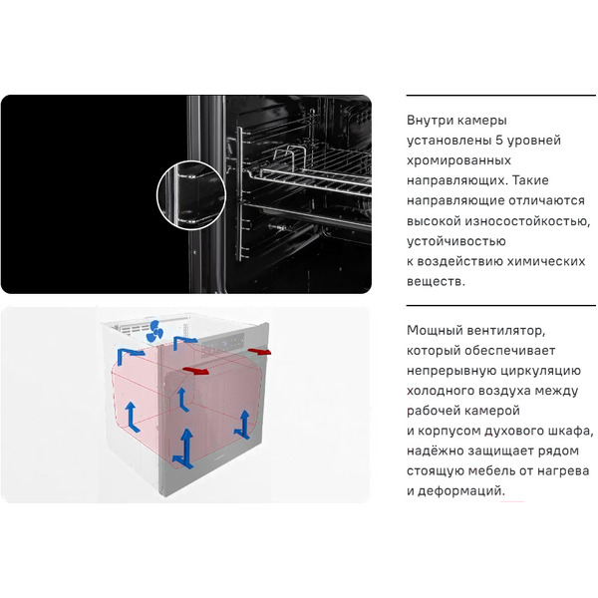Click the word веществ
pyautogui.click(x=436, y=281)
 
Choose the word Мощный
pyautogui.click(x=436, y=330)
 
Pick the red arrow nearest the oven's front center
pyautogui.click(x=198, y=370)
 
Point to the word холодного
pyautogui.click(x=442, y=390)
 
